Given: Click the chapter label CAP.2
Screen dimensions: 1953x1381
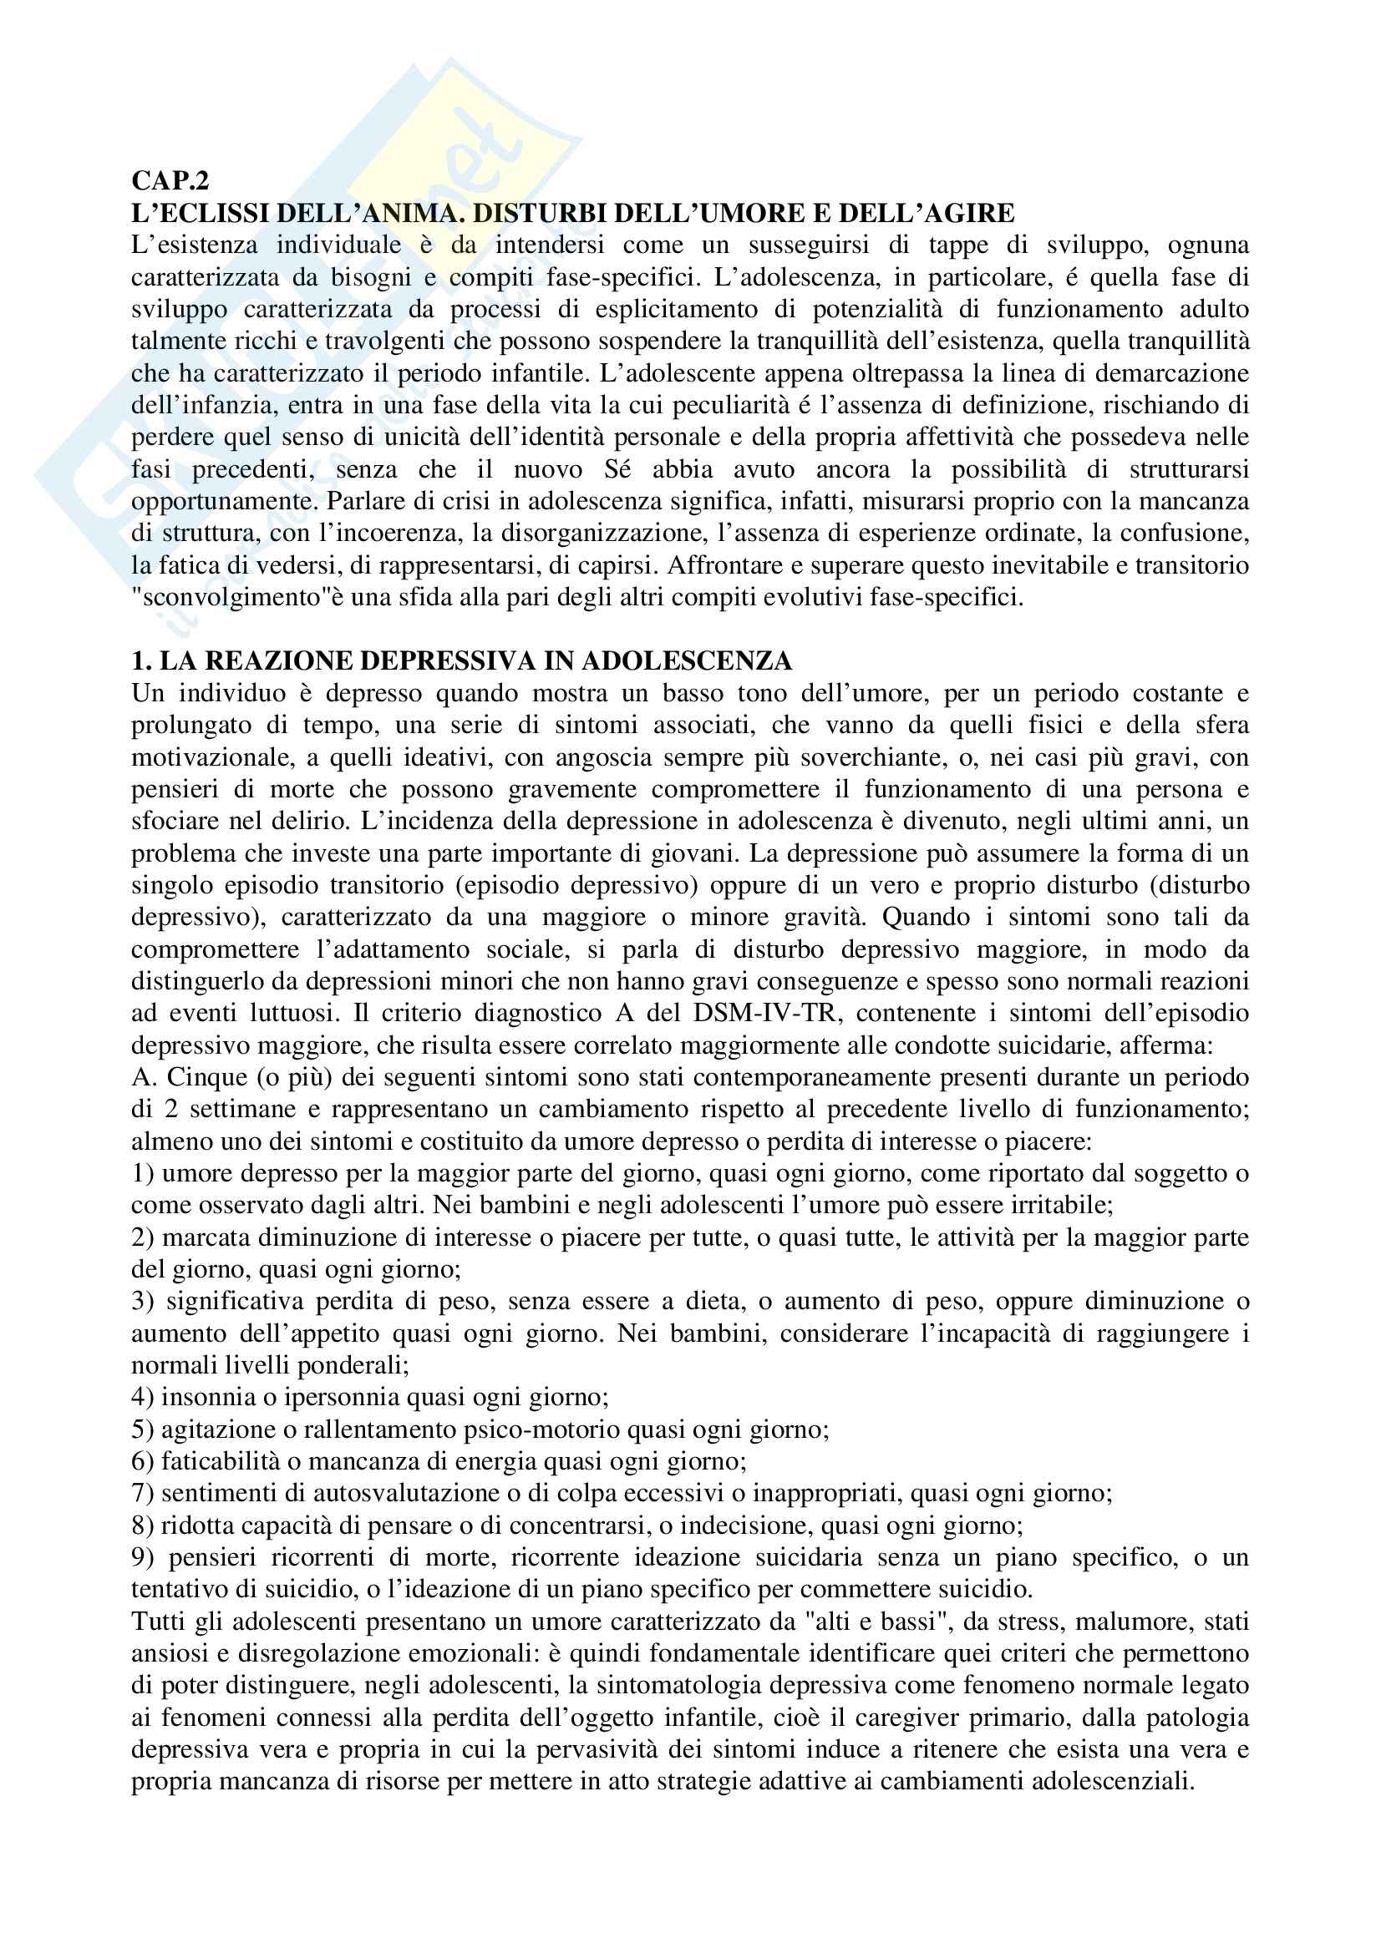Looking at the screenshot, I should click(x=170, y=181).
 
